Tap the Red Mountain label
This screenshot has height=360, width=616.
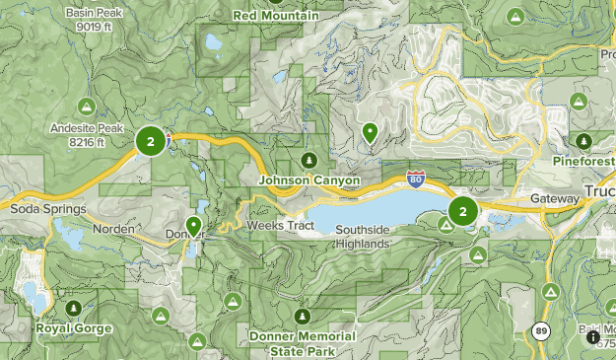click(x=275, y=17)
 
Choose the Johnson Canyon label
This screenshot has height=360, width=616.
click(x=308, y=181)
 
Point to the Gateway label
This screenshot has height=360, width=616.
click(x=555, y=198)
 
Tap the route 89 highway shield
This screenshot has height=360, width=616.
click(x=542, y=331)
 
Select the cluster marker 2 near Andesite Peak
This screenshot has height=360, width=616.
click(x=150, y=142)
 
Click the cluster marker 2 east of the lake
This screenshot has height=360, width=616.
click(x=462, y=210)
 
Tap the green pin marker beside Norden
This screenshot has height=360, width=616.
click(x=194, y=226)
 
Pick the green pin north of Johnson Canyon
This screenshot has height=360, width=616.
click(x=370, y=131)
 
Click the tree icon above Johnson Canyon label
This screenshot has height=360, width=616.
click(x=308, y=160)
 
